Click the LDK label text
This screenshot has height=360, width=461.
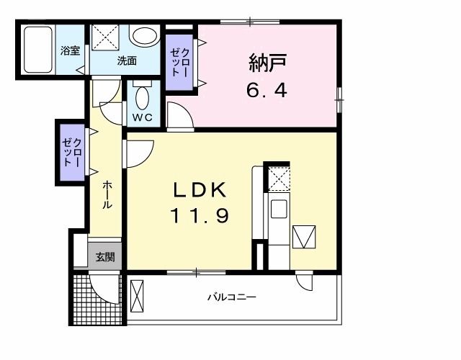click(x=200, y=190)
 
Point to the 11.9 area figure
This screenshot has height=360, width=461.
click(x=200, y=215)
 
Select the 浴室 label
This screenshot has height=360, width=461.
click(x=70, y=51)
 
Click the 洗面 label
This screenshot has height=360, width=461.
click(x=127, y=61)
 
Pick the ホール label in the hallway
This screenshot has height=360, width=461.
click(x=107, y=195)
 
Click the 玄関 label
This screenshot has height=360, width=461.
click(x=104, y=257)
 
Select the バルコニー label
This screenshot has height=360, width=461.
click(x=232, y=297)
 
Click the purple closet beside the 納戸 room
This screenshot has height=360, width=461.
click(x=179, y=63)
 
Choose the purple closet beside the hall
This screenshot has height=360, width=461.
click(x=72, y=152)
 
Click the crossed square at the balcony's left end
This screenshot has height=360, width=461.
click(x=138, y=296)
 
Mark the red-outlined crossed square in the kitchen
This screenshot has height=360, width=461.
click(x=278, y=179)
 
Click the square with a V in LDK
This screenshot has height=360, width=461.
click(x=303, y=236)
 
